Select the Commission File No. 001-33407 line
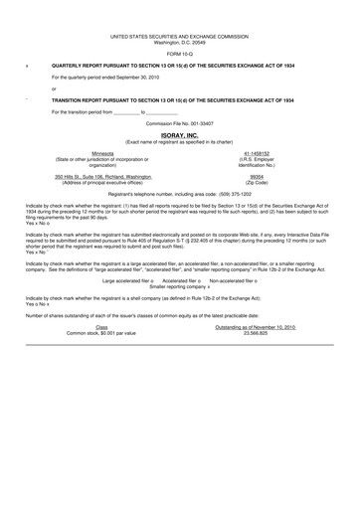180,122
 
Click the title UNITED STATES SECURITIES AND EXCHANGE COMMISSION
180,35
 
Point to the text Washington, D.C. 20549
180,42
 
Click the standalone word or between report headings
54,88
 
